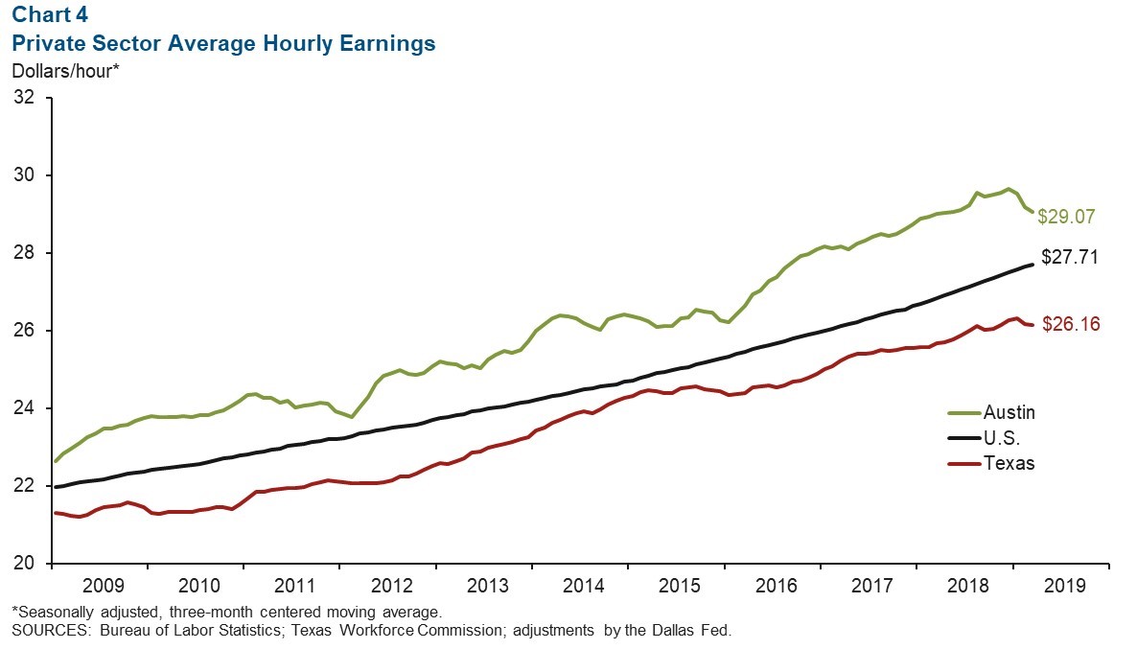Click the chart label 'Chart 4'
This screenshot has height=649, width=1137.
pyautogui.click(x=45, y=16)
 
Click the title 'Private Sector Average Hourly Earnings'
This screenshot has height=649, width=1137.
pyautogui.click(x=223, y=43)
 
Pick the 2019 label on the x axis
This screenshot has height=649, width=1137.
pyautogui.click(x=1065, y=585)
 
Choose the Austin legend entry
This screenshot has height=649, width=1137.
pyautogui.click(x=1009, y=412)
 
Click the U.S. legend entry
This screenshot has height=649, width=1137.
pyautogui.click(x=1004, y=438)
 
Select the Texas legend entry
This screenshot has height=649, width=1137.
pyautogui.click(x=1009, y=463)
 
